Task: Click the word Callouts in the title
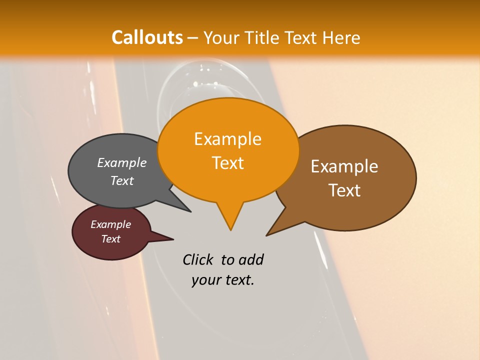point(147,37)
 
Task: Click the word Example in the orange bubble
point(227,139)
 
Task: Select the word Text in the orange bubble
point(227,163)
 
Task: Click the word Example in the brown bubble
point(344,166)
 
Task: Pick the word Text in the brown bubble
point(344,190)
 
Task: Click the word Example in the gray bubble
point(122,162)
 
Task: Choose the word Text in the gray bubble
point(122,180)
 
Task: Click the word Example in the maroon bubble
point(110,224)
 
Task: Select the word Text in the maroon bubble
point(110,239)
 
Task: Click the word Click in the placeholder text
point(198,259)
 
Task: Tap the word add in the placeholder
point(251,259)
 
